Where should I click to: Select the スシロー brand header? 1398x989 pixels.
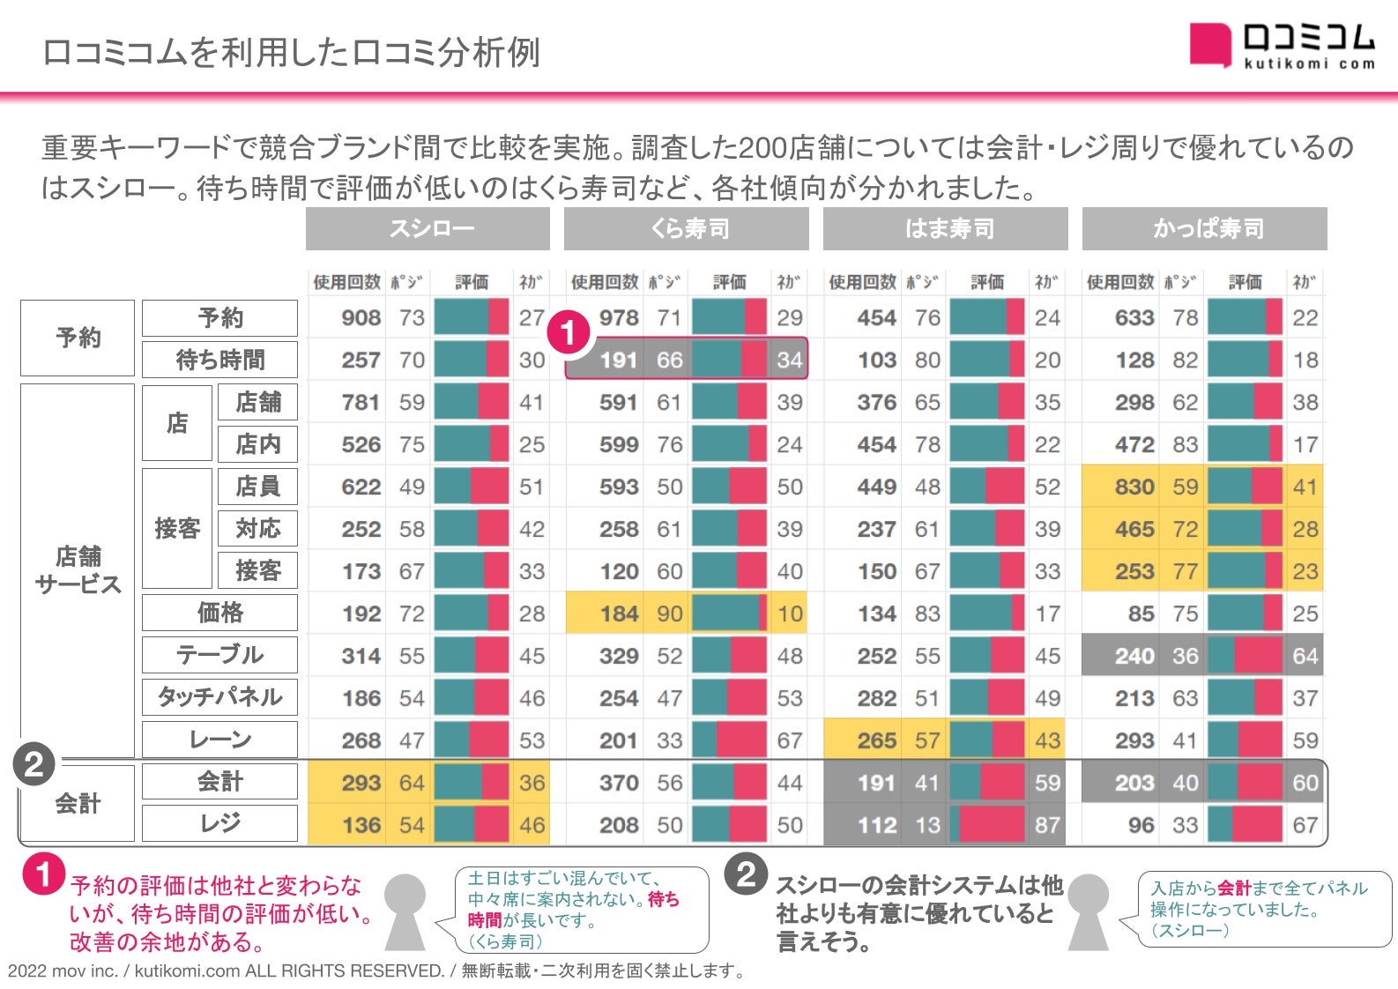click(x=428, y=229)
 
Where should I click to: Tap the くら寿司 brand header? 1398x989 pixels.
click(x=687, y=229)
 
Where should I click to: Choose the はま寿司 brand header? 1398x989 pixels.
click(x=946, y=229)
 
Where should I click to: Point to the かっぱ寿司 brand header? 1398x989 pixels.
click(x=1205, y=229)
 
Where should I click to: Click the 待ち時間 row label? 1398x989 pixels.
click(x=219, y=360)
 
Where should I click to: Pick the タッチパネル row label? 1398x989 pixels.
click(x=219, y=697)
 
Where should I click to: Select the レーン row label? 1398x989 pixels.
click(x=219, y=740)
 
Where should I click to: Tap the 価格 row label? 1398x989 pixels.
click(x=219, y=613)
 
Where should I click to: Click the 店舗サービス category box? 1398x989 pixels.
click(x=78, y=570)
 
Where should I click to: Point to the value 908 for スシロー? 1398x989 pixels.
click(x=361, y=318)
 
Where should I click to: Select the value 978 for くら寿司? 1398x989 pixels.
click(x=619, y=318)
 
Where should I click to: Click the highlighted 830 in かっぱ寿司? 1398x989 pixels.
click(x=1134, y=487)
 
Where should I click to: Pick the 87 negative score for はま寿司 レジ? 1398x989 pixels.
click(x=1047, y=826)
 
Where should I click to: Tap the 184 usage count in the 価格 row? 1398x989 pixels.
click(x=619, y=614)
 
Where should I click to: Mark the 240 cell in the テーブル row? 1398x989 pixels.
click(x=1134, y=657)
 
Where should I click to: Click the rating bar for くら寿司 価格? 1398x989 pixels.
click(x=729, y=613)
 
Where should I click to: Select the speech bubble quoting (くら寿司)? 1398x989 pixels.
click(x=581, y=910)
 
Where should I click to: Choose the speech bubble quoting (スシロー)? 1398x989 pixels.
click(x=1260, y=910)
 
